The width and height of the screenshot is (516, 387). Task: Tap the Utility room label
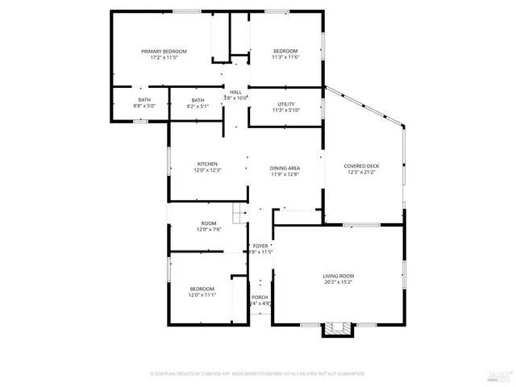click(285, 104)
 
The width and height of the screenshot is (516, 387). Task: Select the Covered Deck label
click(361, 166)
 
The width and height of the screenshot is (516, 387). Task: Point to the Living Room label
click(338, 276)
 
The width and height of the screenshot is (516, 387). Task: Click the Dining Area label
click(285, 168)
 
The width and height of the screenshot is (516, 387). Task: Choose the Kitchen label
click(207, 164)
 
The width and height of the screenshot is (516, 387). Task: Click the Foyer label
click(260, 246)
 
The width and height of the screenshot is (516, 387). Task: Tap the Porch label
click(260, 298)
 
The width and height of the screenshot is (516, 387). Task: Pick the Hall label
click(235, 93)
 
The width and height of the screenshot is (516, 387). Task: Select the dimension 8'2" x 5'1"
click(198, 106)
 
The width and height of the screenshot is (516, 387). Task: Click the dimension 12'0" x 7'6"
click(209, 229)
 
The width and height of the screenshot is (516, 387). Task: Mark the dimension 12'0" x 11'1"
click(202, 294)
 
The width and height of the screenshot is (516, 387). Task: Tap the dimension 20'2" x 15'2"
click(338, 281)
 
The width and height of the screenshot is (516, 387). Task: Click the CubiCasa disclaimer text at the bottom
click(257, 373)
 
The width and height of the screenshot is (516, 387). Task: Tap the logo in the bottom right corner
click(500, 373)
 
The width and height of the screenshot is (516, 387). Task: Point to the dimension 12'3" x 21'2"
click(361, 172)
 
